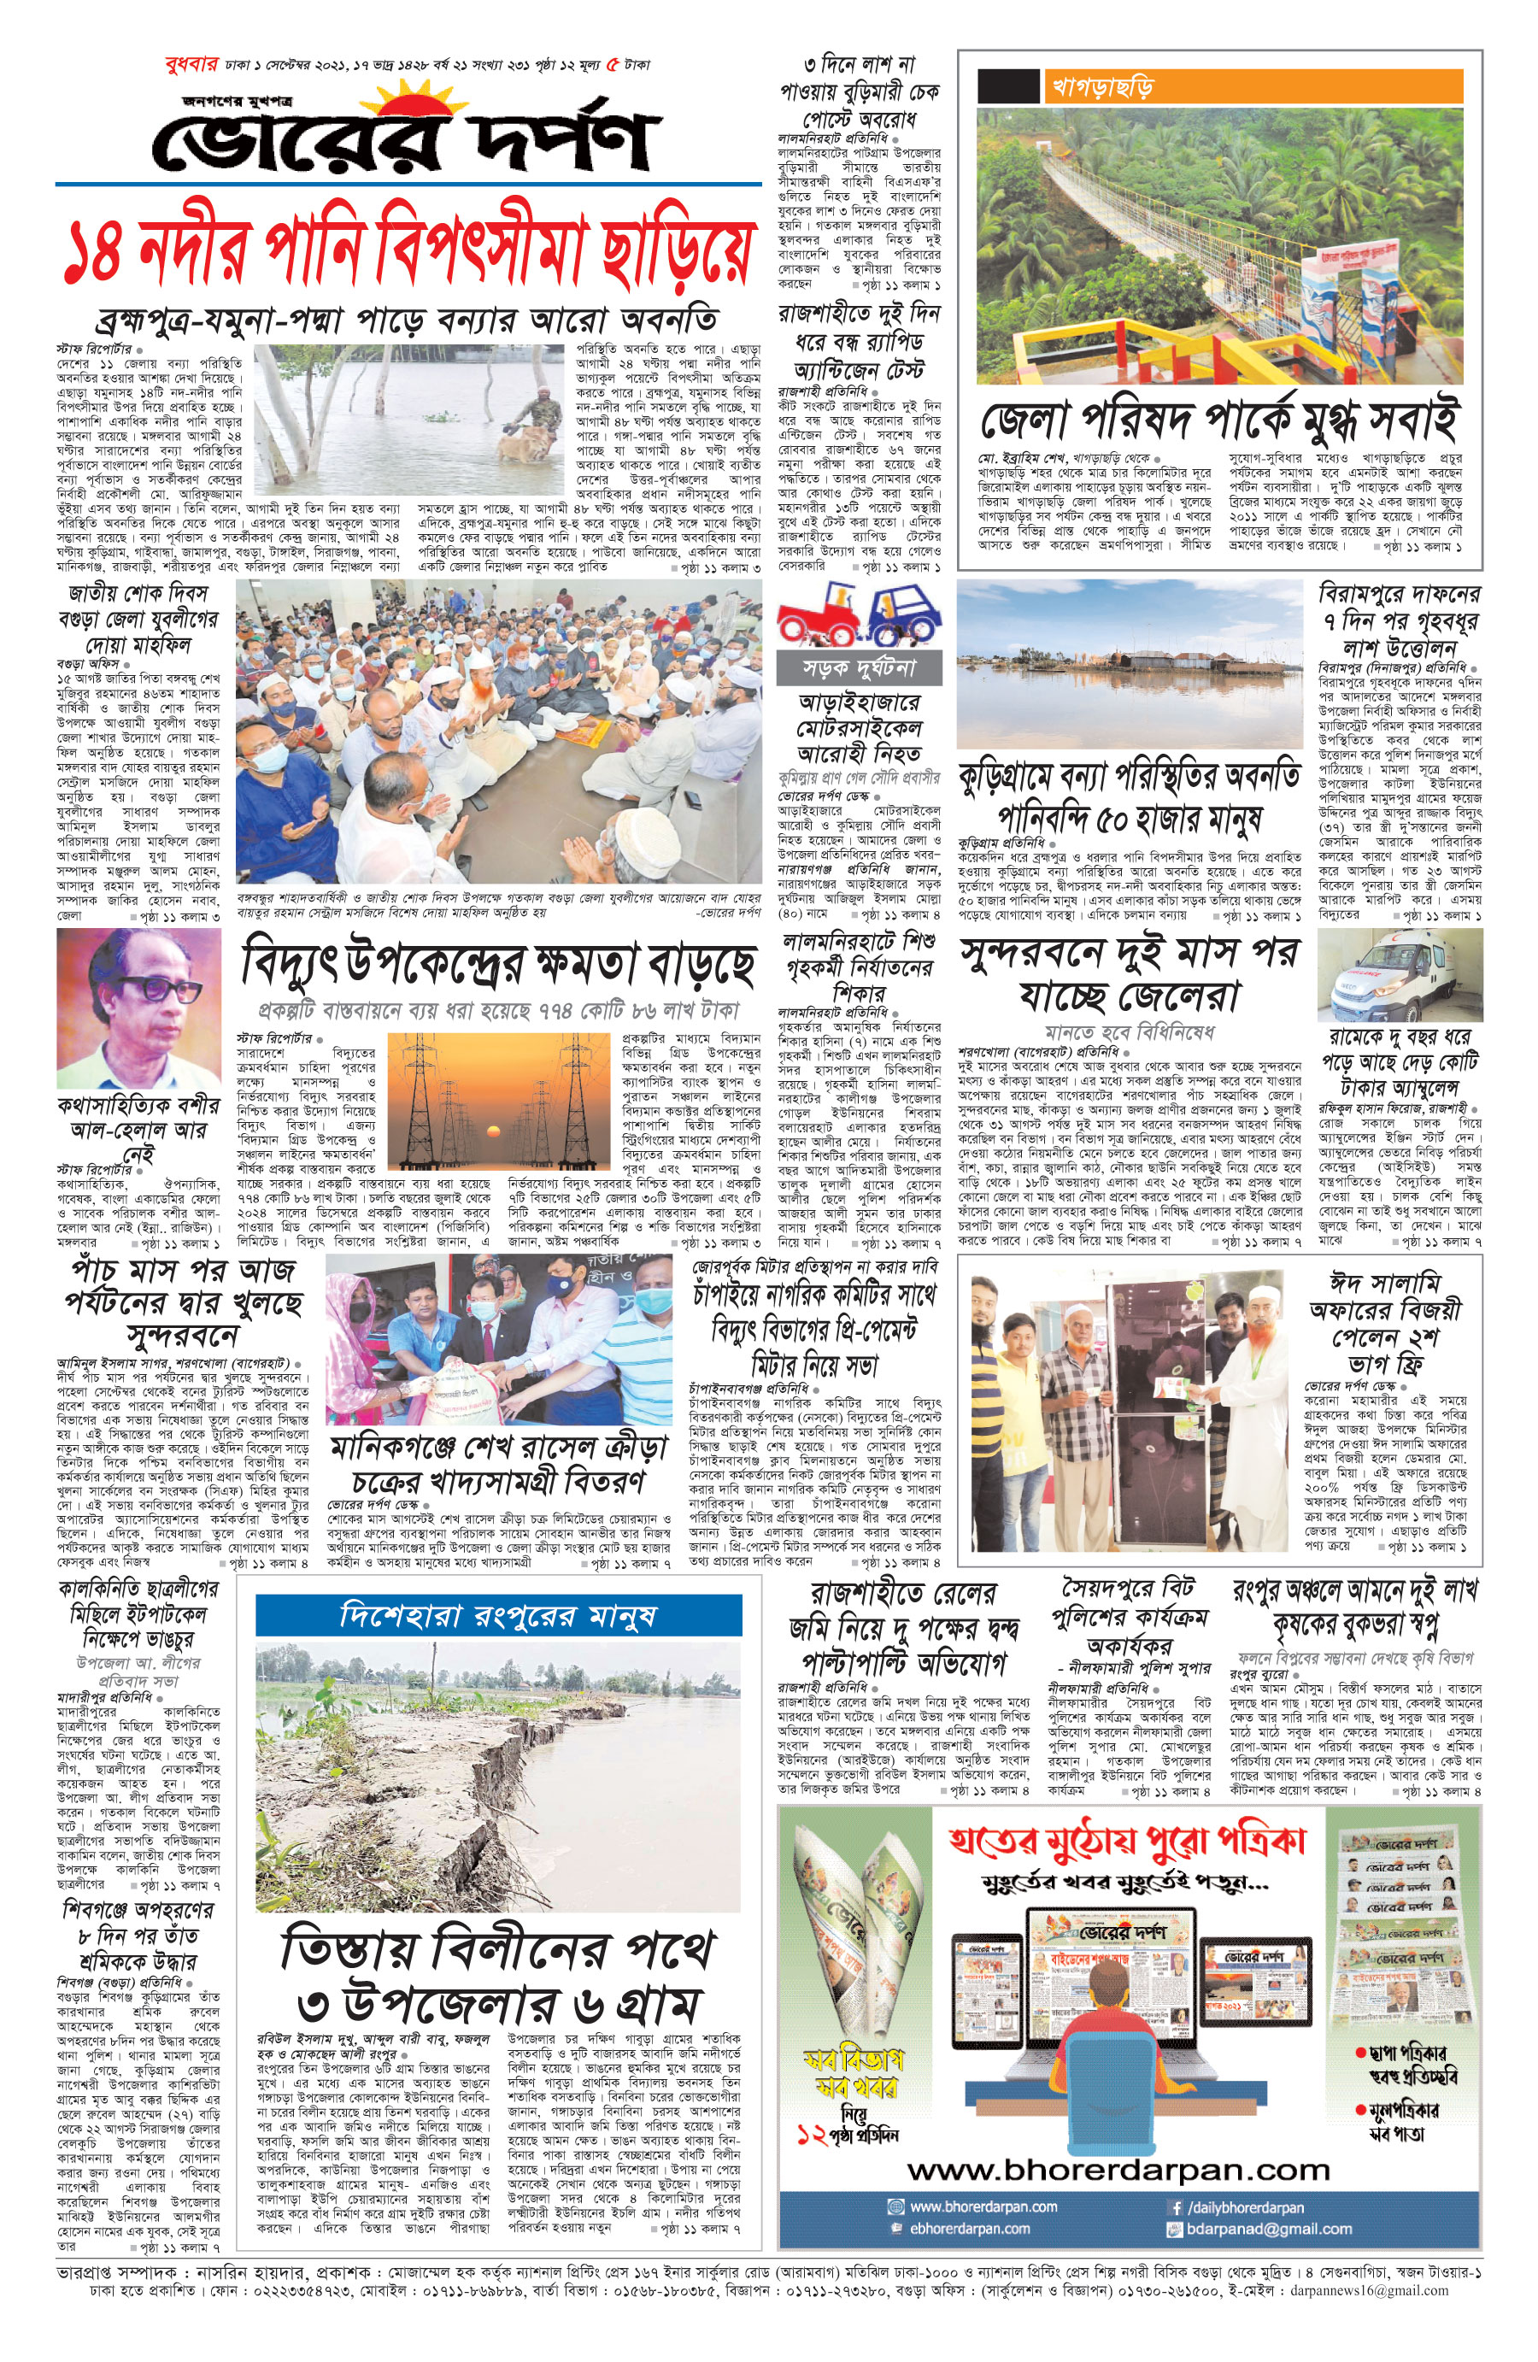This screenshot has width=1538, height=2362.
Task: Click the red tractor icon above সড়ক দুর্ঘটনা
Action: [820, 615]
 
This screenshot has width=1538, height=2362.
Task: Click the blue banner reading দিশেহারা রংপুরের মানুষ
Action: [498, 1616]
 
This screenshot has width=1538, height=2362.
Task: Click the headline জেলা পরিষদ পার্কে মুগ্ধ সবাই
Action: [1218, 420]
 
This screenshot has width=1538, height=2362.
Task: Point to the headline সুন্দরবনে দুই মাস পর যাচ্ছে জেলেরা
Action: [1130, 972]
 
